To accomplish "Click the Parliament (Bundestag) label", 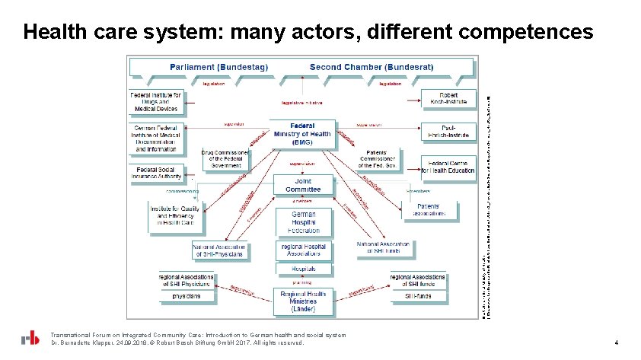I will coord(218,67).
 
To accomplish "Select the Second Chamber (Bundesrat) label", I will coord(372,67).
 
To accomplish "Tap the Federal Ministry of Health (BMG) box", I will coord(302,135).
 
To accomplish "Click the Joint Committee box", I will coord(303,185).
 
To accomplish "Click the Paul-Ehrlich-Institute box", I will coord(448,133).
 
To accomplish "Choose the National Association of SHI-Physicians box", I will coord(219,250).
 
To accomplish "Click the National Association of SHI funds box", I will coord(384,248).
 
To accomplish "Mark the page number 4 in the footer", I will coord(616,343).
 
